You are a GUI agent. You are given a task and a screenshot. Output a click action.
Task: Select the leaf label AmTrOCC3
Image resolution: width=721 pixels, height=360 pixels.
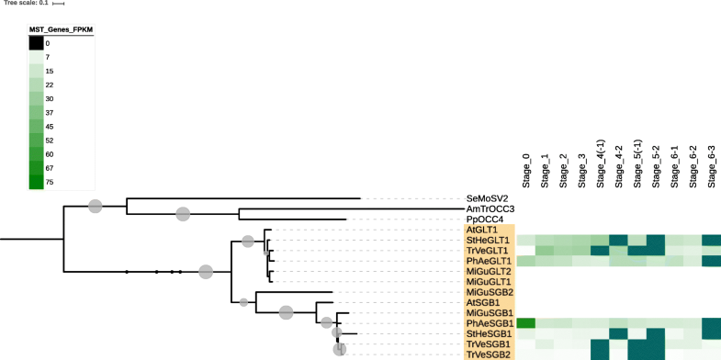click(x=490, y=209)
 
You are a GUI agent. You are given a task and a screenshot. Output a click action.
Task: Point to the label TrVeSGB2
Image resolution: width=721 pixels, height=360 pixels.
click(x=488, y=354)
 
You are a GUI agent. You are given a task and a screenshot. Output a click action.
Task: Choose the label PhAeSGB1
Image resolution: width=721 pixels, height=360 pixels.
click(x=488, y=323)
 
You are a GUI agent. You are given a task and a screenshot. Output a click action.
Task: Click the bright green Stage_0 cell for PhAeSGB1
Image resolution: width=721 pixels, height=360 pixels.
click(x=526, y=323)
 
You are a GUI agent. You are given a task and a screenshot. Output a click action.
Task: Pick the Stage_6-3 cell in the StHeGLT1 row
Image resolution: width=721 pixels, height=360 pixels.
click(x=711, y=241)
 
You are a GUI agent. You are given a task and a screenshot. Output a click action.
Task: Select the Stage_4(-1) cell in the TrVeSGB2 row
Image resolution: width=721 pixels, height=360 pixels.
click(x=600, y=354)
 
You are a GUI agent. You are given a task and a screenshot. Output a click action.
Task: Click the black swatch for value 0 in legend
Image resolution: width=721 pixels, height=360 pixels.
click(x=36, y=43)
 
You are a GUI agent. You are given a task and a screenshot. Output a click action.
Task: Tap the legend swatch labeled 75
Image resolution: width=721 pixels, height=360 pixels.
click(x=36, y=182)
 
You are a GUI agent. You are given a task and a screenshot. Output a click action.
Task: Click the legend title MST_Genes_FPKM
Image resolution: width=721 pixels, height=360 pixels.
click(x=61, y=29)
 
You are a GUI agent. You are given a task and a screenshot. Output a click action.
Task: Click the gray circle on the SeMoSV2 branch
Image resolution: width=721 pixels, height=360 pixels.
click(x=95, y=206)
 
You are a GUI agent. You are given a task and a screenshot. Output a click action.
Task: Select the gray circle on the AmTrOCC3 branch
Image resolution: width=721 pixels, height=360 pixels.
click(x=183, y=214)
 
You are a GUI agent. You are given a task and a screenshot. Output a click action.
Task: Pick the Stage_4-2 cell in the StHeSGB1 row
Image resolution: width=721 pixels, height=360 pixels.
click(x=618, y=333)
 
